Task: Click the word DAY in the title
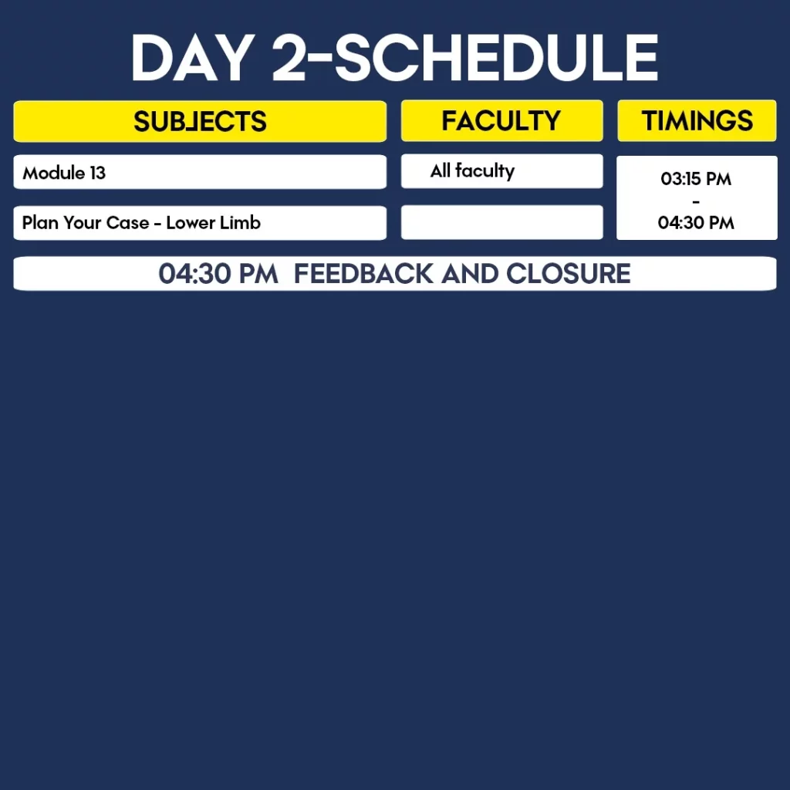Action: tap(192, 57)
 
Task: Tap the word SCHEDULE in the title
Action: tap(497, 57)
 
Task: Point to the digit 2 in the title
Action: tap(289, 57)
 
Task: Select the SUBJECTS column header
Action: tap(200, 121)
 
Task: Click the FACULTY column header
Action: tap(501, 121)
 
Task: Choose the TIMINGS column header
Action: tap(697, 121)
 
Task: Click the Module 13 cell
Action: tap(200, 172)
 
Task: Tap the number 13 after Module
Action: tap(98, 173)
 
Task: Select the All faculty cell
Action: tap(501, 171)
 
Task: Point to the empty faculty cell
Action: tap(501, 222)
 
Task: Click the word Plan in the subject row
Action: tap(40, 222)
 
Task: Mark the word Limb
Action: tap(241, 222)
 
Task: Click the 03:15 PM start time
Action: tap(696, 179)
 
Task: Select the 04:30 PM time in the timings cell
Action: tap(696, 223)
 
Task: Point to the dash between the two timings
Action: tap(696, 201)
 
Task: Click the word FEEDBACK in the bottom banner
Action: tap(363, 274)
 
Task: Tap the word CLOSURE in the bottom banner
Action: tap(568, 274)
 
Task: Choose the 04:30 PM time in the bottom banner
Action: tap(218, 274)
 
